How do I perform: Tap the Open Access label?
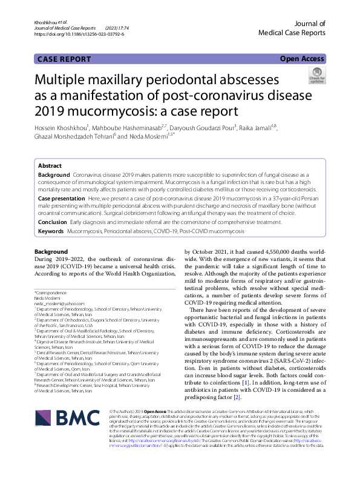tap(302, 59)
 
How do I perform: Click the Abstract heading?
tap(50, 165)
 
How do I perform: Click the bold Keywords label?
tap(51, 232)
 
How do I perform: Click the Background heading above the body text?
tap(51, 251)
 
